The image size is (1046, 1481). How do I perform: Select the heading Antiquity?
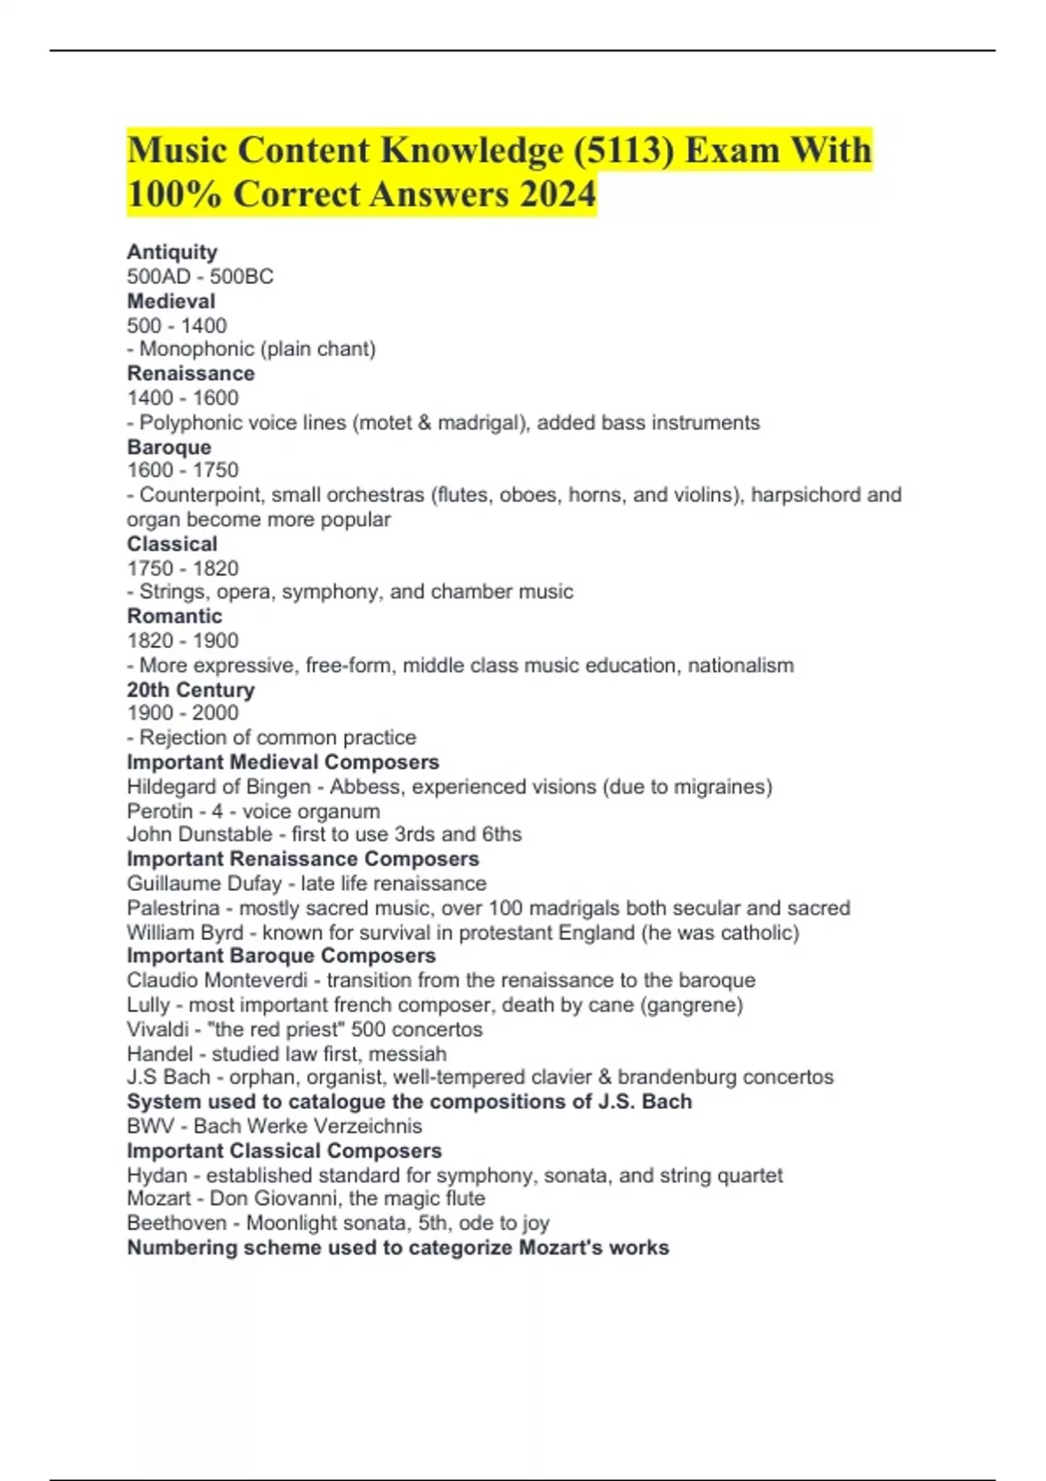point(172,252)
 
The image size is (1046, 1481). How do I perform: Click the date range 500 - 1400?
point(176,326)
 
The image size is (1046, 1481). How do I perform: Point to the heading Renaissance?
point(190,374)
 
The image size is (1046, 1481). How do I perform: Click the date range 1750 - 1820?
point(182,568)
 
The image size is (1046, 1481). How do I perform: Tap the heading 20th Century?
point(190,690)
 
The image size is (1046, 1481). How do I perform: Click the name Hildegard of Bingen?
point(218,787)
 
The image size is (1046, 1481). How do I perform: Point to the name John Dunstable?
point(199,835)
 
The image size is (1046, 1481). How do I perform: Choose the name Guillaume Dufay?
point(204,883)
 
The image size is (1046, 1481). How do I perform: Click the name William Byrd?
point(185,932)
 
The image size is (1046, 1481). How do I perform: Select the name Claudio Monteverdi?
point(217,980)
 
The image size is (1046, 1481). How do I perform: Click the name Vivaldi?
point(157,1029)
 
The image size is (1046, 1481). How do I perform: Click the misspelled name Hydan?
point(157,1175)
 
